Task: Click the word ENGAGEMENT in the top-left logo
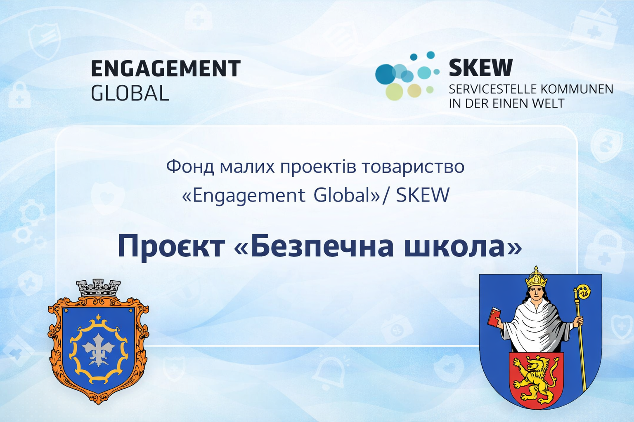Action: [x=166, y=68]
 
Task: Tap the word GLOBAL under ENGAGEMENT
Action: [x=130, y=93]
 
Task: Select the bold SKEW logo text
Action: [x=480, y=68]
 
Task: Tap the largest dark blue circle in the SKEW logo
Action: [x=386, y=74]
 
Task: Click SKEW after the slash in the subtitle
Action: [x=423, y=195]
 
